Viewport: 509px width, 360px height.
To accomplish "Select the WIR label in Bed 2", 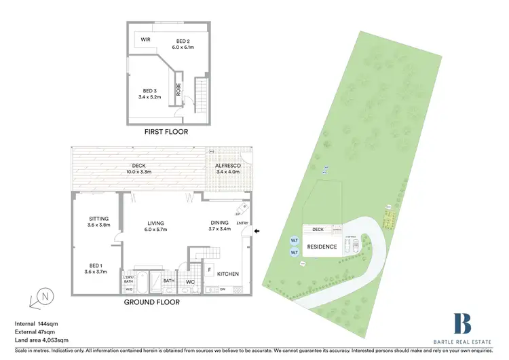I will pyautogui.click(x=145, y=39).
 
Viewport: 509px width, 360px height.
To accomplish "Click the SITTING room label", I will pyautogui.click(x=99, y=218).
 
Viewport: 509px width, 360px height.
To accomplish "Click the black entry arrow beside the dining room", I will pyautogui.click(x=256, y=232).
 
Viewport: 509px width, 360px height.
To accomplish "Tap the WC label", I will pyautogui.click(x=191, y=281).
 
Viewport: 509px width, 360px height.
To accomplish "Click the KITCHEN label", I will pyautogui.click(x=228, y=274).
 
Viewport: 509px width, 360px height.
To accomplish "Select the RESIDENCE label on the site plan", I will pyautogui.click(x=322, y=247).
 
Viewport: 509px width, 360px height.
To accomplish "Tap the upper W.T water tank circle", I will pyautogui.click(x=295, y=240).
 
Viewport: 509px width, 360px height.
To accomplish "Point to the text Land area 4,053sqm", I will pyautogui.click(x=43, y=339).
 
